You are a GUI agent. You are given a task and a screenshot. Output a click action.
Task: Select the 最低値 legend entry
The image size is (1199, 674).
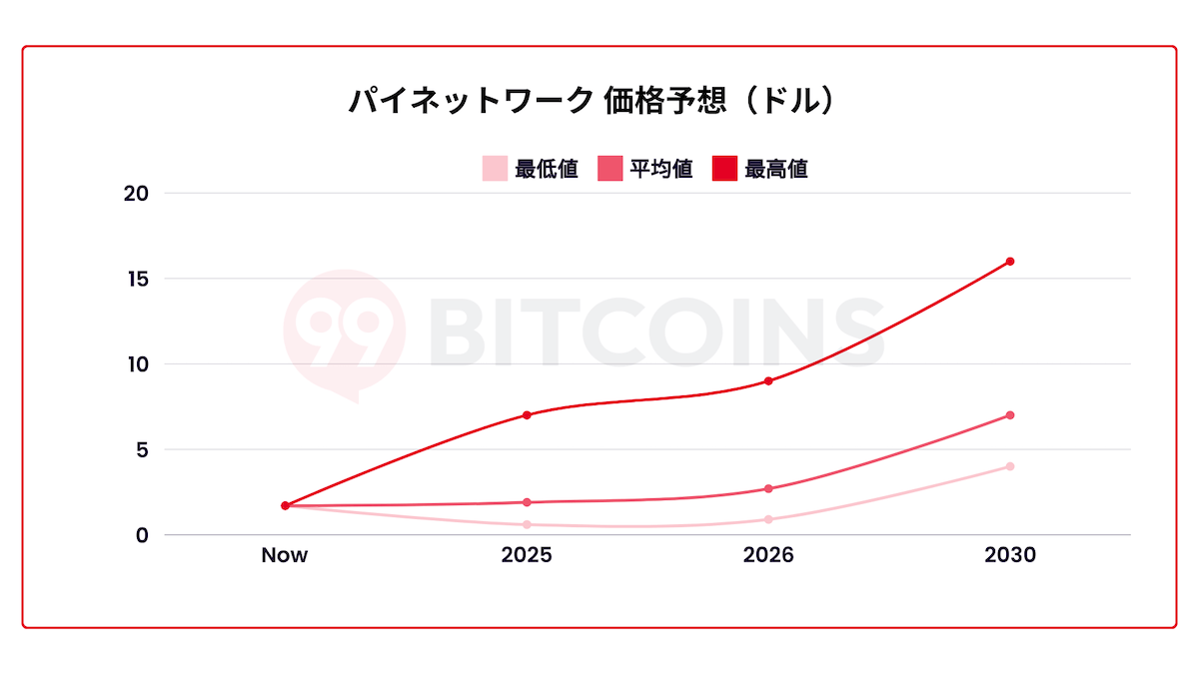click(531, 169)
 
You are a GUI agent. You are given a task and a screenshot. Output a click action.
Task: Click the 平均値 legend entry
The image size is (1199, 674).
click(645, 169)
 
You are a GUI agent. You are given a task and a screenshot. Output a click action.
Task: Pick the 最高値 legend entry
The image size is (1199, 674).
click(760, 169)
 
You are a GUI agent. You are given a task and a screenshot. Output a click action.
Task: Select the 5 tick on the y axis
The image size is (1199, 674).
click(141, 449)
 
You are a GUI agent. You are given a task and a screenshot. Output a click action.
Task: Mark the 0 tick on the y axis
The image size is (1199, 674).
click(141, 535)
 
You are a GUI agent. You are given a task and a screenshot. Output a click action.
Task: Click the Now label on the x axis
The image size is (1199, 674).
click(285, 556)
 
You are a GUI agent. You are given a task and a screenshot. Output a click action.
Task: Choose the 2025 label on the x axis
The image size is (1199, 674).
click(527, 556)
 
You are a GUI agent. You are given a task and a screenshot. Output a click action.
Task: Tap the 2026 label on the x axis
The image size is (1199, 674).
click(768, 556)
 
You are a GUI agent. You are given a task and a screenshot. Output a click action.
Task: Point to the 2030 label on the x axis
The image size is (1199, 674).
click(1010, 556)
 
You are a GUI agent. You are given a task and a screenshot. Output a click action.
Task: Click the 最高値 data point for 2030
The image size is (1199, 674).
click(1010, 262)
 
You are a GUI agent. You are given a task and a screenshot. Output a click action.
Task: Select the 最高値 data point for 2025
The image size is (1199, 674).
click(527, 415)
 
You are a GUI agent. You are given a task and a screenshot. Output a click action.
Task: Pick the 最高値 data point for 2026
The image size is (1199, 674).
click(768, 380)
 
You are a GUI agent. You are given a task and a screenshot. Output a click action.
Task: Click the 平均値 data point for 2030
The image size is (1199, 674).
click(1010, 415)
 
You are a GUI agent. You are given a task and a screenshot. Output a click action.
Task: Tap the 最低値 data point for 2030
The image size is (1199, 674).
click(1010, 466)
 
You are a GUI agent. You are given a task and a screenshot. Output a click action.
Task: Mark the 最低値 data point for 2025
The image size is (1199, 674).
click(527, 524)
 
